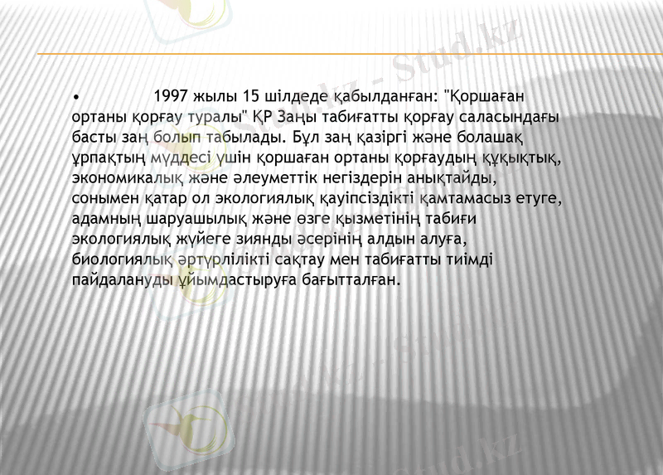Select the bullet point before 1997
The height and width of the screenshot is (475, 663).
75,95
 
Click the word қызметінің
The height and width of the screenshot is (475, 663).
376,218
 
